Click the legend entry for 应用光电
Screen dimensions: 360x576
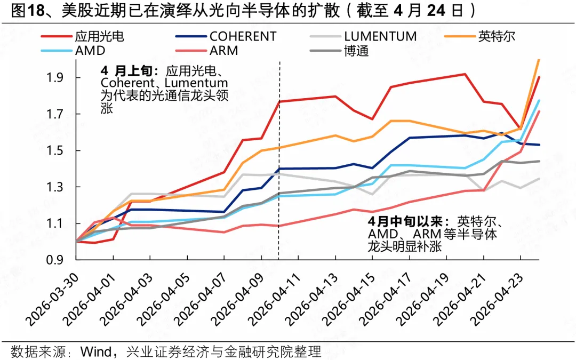99,36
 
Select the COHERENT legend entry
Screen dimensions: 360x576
243,36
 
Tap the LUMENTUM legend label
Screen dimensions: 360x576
380,36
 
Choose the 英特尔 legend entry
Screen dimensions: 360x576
497,36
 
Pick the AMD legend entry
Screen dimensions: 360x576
90,51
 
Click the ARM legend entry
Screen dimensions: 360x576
225,51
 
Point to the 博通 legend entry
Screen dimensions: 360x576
356,51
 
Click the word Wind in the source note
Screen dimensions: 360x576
95,351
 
